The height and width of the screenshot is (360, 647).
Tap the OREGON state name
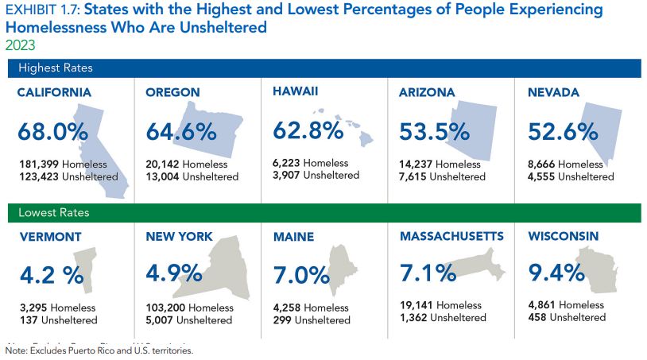coord(172,93)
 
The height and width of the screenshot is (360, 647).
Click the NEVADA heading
coord(553,93)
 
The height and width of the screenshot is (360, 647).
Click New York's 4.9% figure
coord(174,273)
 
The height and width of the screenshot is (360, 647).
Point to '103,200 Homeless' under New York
coord(189,308)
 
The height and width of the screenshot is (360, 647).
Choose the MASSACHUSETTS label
coord(451,237)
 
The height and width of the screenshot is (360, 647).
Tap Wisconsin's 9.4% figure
coord(557,274)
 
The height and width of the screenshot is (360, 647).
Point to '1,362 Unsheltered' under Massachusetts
coord(443,318)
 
